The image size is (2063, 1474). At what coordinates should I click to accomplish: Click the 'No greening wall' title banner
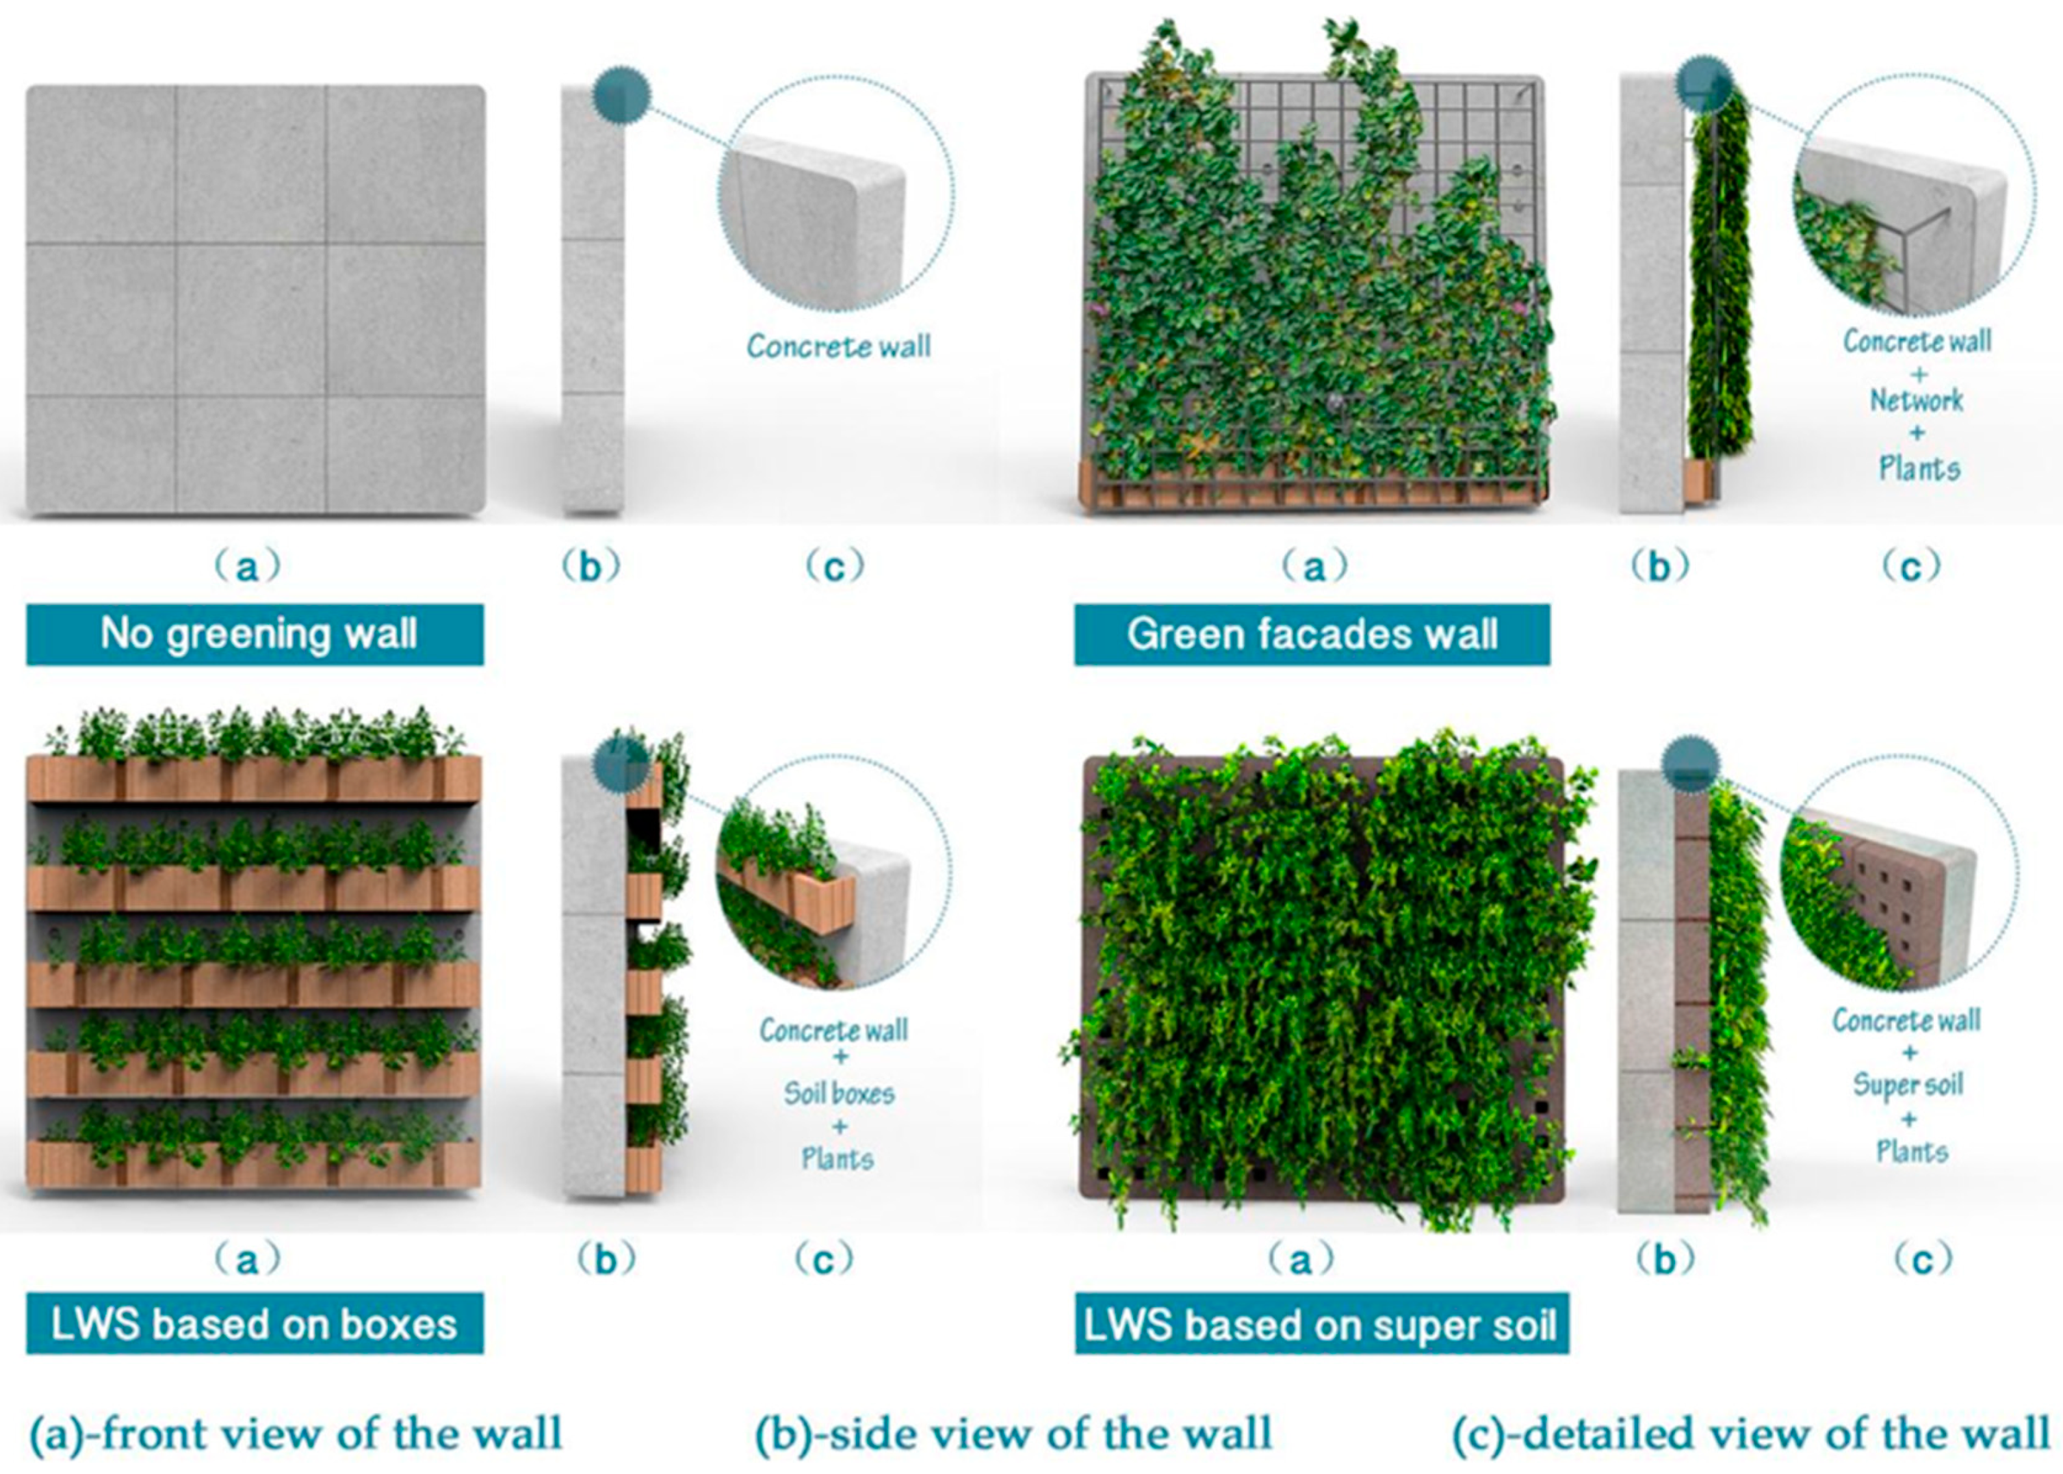pos(255,634)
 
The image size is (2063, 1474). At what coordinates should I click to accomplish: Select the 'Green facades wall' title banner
pos(1312,634)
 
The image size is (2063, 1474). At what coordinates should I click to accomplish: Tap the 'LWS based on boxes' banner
pos(255,1324)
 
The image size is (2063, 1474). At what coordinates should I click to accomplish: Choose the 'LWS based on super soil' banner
pos(1321,1324)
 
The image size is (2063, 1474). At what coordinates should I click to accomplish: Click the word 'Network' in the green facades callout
pos(1916,400)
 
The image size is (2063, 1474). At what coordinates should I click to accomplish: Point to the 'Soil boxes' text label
pos(840,1093)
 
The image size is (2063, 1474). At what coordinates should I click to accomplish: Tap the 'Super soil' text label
pos(1908,1085)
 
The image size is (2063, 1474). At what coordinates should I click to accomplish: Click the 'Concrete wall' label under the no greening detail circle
pos(840,346)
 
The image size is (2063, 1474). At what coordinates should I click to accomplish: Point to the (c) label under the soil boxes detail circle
pos(824,1258)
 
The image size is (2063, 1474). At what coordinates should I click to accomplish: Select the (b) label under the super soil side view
pos(1665,1258)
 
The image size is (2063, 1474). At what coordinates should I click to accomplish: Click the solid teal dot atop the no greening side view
pos(622,94)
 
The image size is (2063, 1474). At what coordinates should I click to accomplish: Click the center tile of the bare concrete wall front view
pos(251,319)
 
